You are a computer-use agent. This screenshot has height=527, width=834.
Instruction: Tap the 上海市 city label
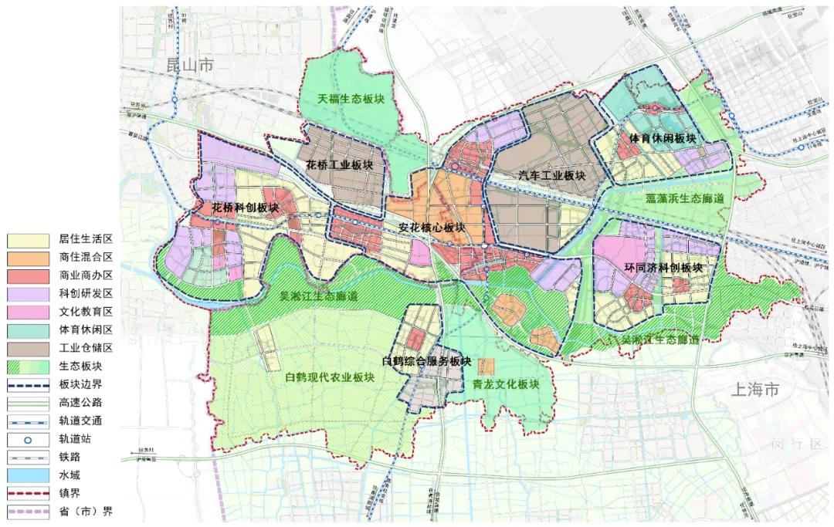coord(756,390)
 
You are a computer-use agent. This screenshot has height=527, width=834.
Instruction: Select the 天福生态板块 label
coord(356,100)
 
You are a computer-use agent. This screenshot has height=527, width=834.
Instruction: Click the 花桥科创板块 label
coord(246,208)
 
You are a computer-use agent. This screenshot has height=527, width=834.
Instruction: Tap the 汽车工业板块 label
coord(551,176)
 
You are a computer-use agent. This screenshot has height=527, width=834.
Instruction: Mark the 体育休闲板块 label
coord(663,139)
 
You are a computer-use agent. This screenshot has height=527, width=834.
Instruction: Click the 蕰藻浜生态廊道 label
coord(685,198)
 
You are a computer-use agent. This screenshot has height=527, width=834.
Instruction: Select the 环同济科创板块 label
coord(663,268)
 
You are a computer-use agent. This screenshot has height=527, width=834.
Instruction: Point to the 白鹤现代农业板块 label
coord(330,378)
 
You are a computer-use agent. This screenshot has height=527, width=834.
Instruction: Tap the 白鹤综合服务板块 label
coord(426,361)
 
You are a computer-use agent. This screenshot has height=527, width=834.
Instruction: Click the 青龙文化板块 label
coord(504,384)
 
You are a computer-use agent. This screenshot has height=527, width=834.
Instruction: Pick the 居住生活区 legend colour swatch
coord(29,239)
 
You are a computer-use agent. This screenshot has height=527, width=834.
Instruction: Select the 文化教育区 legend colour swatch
coord(29,312)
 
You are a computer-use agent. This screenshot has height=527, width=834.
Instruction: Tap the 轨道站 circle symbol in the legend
coord(29,438)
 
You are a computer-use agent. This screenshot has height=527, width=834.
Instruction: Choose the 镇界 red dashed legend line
coord(29,492)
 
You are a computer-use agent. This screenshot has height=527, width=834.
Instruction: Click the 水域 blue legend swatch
coord(29,475)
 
